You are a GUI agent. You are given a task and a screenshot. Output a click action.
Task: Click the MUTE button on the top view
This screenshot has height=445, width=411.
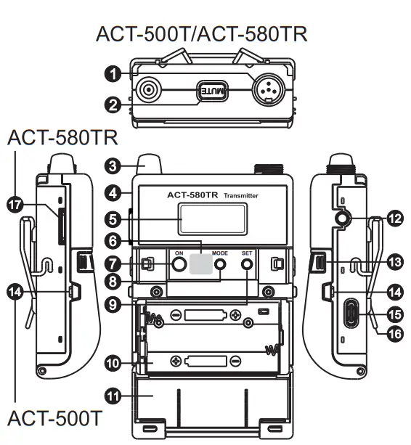click(213, 91)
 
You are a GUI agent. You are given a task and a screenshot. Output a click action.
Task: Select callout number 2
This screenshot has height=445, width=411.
click(112, 105)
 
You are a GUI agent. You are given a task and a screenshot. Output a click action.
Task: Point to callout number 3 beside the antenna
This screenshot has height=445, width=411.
click(112, 165)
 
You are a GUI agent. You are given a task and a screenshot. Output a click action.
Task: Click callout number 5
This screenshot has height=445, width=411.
click(112, 217)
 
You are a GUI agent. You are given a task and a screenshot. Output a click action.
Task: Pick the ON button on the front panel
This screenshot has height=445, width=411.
click(179, 266)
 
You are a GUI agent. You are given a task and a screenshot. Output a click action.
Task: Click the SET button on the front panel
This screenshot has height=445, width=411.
click(248, 266)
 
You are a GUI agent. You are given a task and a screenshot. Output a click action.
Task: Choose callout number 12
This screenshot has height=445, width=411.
click(394, 217)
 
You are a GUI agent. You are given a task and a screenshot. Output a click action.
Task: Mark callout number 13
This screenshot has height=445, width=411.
click(394, 261)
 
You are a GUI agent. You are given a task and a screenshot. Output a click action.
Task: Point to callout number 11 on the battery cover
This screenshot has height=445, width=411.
click(112, 396)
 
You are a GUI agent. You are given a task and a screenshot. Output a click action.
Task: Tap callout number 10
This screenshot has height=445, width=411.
click(112, 362)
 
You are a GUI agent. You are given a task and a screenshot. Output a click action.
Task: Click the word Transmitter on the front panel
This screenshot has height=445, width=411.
click(241, 196)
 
